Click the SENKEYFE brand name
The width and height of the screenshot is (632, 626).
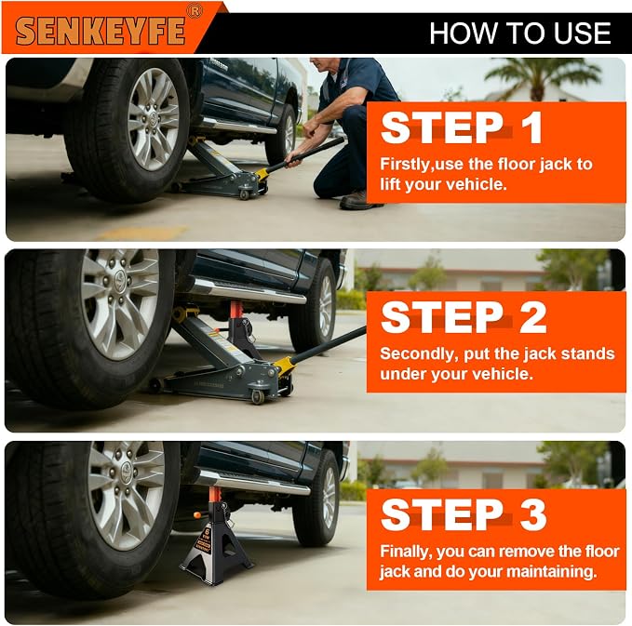[x=101, y=31]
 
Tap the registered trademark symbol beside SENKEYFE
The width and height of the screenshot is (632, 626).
[x=195, y=11]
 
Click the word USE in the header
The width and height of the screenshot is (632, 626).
[x=582, y=33]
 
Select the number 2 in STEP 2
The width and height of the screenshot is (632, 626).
[x=532, y=317]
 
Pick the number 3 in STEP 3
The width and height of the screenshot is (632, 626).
[x=532, y=514]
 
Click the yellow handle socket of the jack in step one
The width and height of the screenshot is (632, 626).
[x=262, y=175]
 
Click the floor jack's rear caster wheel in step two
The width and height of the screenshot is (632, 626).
[x=258, y=397]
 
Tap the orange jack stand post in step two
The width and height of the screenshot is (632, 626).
[x=235, y=310]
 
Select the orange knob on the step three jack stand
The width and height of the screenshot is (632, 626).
[x=197, y=514]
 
